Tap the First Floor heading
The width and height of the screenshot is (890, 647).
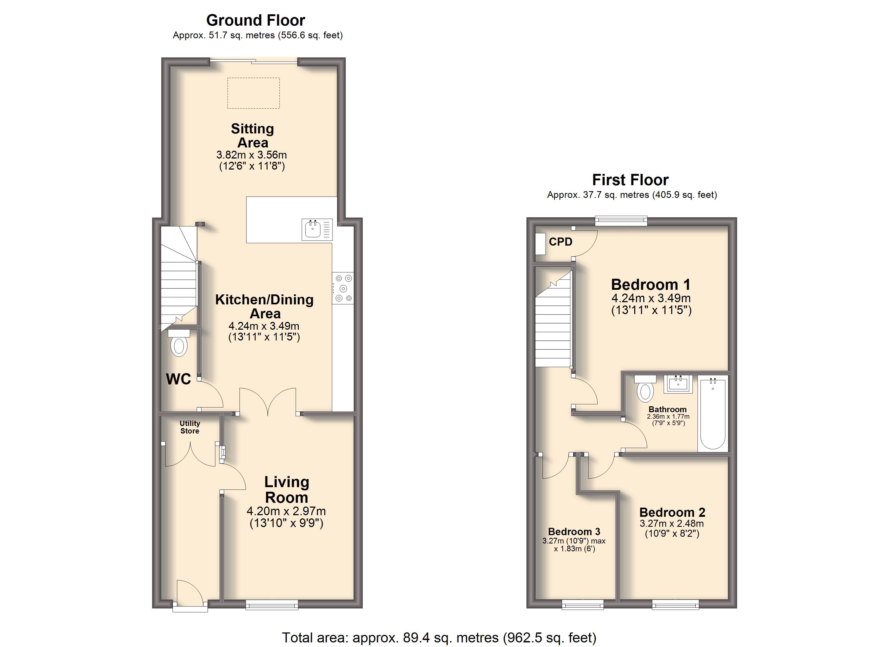tap(630, 180)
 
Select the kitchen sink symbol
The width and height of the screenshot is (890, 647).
tap(317, 229)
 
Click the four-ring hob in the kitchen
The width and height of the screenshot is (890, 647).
tap(343, 288)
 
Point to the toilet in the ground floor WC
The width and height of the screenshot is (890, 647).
tap(179, 343)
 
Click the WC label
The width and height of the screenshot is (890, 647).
tap(179, 379)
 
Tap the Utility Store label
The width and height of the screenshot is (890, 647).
tap(190, 427)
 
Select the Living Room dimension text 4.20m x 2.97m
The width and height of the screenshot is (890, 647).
tap(286, 511)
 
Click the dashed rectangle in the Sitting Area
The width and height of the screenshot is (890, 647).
tap(254, 93)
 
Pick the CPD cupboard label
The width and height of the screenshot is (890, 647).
tap(560, 242)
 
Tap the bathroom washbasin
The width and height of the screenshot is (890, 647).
tap(678, 384)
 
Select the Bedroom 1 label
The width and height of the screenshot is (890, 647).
tap(651, 284)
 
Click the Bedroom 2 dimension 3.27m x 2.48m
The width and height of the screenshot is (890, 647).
tap(672, 524)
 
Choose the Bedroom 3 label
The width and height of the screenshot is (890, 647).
tap(574, 532)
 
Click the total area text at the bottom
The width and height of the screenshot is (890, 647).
tap(439, 638)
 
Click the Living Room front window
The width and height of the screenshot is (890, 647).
tap(272, 605)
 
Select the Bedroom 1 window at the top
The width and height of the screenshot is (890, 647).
tap(621, 221)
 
